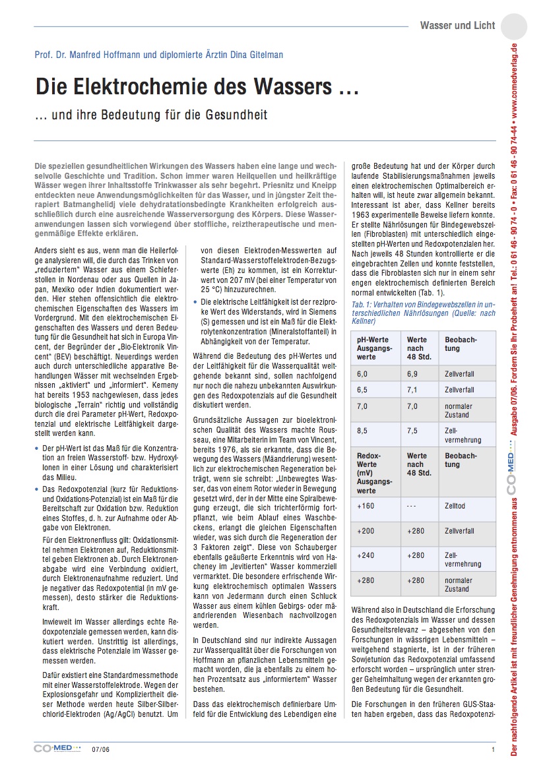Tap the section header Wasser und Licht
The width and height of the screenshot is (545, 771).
(x=457, y=26)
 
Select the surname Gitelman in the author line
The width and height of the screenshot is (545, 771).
(x=261, y=55)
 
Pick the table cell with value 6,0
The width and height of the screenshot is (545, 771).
(x=362, y=374)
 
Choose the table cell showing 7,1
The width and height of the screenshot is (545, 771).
(x=412, y=390)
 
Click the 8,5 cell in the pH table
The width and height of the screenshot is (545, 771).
(x=362, y=431)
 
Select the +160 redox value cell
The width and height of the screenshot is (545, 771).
(x=366, y=506)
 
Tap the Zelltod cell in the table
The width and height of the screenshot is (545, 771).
(x=456, y=506)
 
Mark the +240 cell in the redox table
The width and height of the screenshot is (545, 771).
(x=366, y=555)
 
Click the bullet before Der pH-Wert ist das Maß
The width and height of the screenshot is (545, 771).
(x=36, y=448)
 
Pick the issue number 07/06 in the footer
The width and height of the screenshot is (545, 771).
(x=100, y=749)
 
